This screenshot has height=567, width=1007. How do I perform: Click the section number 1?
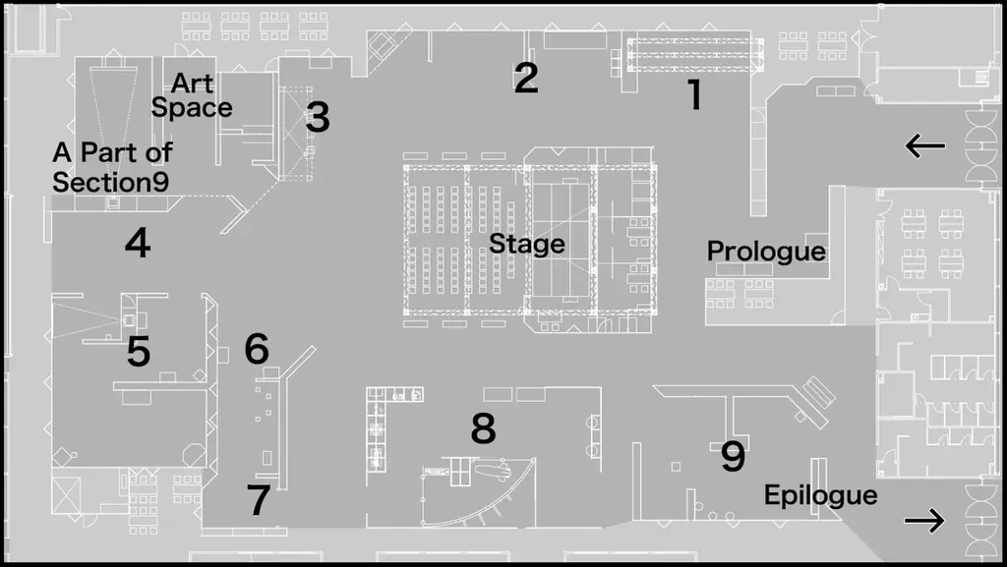[x=695, y=94]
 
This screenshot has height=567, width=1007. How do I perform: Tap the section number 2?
[x=526, y=79]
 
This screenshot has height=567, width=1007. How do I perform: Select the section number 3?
[x=318, y=117]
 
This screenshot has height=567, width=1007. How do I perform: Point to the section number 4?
[x=138, y=243]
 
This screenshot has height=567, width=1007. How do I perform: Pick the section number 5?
[x=138, y=352]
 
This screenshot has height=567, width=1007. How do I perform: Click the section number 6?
[x=257, y=349]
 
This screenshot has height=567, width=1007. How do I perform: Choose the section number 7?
[x=259, y=499]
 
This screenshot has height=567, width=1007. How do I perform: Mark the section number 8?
[x=484, y=428]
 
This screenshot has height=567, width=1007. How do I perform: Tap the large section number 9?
[x=733, y=456]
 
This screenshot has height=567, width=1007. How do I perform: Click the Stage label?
[x=527, y=244]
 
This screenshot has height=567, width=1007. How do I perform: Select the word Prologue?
[x=766, y=251]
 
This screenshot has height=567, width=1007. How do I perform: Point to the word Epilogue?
[x=821, y=495]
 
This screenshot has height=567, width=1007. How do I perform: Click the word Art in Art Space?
[x=192, y=84]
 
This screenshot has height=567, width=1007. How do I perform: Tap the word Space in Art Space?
[x=192, y=108]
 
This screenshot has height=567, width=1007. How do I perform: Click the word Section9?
[x=110, y=182]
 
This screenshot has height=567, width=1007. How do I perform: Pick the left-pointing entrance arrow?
[x=924, y=146]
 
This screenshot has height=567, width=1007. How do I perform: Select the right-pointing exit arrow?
[x=924, y=520]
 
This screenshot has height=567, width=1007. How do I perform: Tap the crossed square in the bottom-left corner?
[x=66, y=496]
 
